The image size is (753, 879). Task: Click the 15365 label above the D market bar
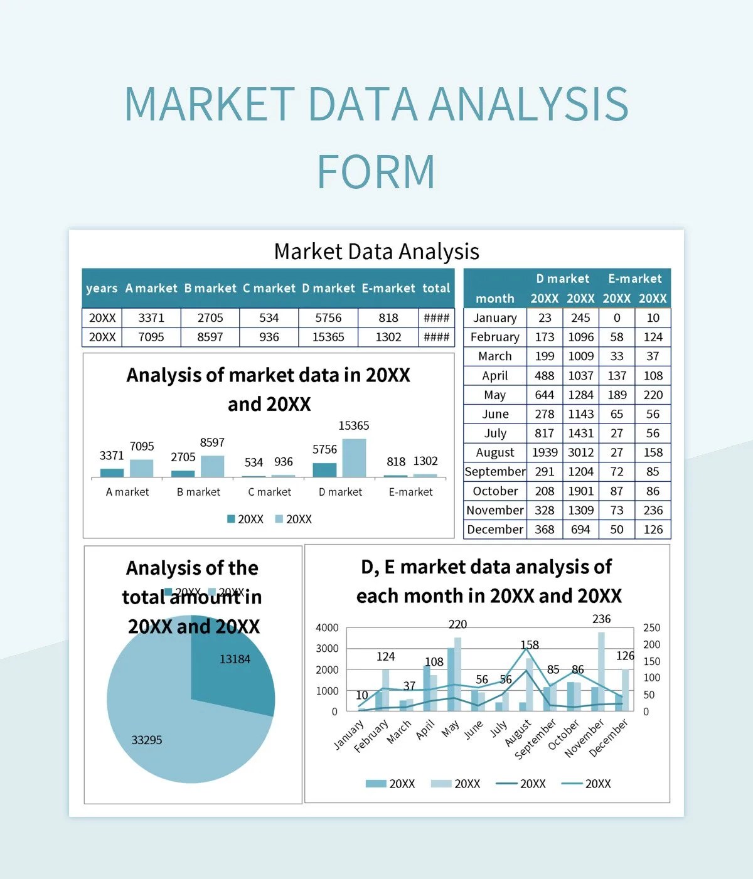point(353,425)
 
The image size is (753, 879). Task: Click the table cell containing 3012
point(580,452)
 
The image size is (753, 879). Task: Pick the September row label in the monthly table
point(494,472)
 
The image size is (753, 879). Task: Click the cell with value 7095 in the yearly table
point(151,337)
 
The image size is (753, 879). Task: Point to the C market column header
point(269,288)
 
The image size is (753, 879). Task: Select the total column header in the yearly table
point(436,288)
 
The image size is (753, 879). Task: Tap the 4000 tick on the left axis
point(327,627)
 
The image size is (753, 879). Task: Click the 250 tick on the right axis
point(651,627)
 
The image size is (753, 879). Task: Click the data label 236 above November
point(601,619)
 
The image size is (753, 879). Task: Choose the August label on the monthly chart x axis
point(518,733)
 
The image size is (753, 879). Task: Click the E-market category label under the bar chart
point(410,492)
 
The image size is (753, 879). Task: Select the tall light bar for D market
point(354,458)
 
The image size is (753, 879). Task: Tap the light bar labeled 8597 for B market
point(212,466)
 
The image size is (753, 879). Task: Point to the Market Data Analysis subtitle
point(376,252)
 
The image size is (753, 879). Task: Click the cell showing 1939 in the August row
point(544,452)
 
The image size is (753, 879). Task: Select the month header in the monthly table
point(494,299)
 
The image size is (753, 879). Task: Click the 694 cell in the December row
point(580,530)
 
